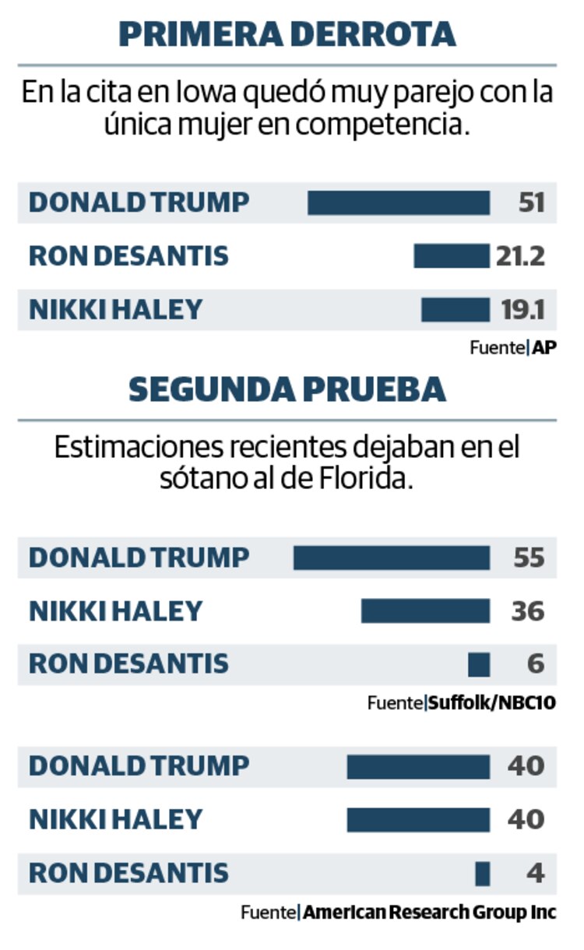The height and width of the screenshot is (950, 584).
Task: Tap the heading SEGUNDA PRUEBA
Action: [287, 389]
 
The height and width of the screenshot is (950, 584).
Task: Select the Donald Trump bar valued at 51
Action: [399, 202]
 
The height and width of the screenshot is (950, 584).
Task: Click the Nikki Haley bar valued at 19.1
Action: [456, 309]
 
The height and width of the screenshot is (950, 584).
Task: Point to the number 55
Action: [528, 558]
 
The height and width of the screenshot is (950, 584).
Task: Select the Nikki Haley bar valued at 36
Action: [426, 610]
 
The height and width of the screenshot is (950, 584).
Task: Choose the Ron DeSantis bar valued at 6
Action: [479, 664]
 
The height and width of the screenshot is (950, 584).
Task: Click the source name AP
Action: [544, 348]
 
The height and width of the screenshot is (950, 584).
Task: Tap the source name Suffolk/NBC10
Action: [493, 703]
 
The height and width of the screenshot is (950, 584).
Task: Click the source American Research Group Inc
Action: [430, 912]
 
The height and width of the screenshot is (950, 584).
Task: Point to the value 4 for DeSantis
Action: [535, 873]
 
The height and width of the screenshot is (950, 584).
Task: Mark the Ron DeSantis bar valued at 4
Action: [483, 874]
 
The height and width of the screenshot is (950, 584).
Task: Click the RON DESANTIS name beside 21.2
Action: [128, 255]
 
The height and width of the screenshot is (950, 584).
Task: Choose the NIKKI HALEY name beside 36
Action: [115, 610]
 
